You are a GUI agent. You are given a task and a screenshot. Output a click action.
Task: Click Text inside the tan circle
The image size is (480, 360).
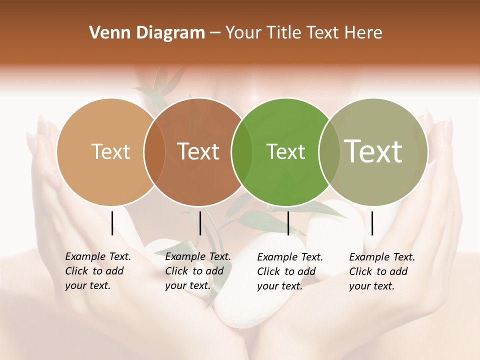click(x=111, y=151)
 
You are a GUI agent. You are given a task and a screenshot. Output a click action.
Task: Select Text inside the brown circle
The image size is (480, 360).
click(x=198, y=151)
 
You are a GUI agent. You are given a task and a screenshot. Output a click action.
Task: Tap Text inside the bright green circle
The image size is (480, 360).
click(x=285, y=151)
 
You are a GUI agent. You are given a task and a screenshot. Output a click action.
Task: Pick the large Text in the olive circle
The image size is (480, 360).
click(x=373, y=151)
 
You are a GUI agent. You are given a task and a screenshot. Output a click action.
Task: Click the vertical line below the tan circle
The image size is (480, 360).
click(x=112, y=223)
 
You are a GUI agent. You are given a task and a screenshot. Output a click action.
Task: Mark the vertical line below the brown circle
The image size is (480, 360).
click(x=200, y=223)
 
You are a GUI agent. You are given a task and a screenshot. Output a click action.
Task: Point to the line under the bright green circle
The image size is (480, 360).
click(x=288, y=223)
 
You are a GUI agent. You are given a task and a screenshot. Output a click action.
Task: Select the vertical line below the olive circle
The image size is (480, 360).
click(x=372, y=223)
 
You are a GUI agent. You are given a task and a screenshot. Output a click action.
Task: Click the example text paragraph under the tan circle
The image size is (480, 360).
click(x=97, y=271)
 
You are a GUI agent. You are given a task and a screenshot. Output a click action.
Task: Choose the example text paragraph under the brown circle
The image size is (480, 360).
click(x=197, y=271)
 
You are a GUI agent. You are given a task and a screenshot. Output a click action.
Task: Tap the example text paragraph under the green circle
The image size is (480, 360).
click(x=289, y=271)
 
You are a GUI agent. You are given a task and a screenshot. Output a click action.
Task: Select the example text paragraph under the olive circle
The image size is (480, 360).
click(x=381, y=271)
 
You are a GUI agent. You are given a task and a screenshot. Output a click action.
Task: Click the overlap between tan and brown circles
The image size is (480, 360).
click(x=155, y=151)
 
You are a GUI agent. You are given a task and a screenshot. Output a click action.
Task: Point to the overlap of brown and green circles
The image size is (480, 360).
click(x=242, y=151)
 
